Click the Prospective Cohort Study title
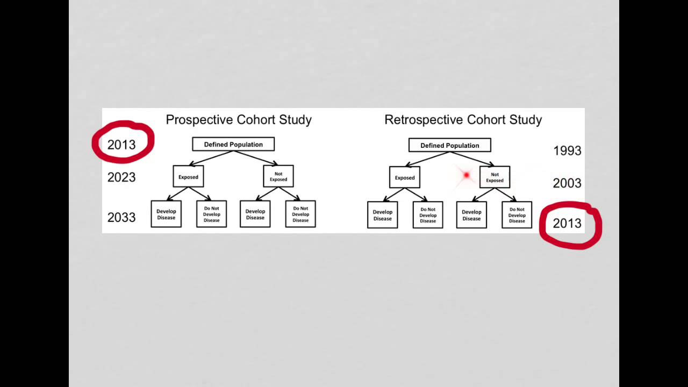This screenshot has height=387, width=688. click(x=239, y=120)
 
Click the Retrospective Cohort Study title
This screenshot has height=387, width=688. click(x=463, y=120)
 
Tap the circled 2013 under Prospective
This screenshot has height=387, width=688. click(x=121, y=145)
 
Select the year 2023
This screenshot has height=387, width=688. click(x=121, y=177)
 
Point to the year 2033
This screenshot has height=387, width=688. click(x=121, y=217)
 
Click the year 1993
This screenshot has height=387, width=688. click(x=567, y=151)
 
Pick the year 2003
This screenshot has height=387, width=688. click(x=567, y=183)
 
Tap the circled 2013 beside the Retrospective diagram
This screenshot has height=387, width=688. click(x=567, y=224)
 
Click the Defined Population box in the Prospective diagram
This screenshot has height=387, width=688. click(x=233, y=144)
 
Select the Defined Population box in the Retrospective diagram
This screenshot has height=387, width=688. click(x=449, y=145)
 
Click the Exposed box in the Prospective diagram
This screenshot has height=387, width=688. click(x=188, y=177)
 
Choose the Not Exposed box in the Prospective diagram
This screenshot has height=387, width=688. click(x=278, y=176)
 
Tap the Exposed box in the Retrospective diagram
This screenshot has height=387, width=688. click(x=405, y=177)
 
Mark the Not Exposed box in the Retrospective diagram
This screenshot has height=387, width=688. click(x=494, y=177)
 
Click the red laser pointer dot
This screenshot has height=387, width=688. click(x=466, y=175)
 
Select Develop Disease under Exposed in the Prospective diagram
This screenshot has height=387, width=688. click(x=166, y=214)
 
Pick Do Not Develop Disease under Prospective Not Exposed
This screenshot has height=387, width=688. click(x=300, y=214)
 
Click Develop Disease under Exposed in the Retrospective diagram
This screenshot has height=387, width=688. click(x=383, y=215)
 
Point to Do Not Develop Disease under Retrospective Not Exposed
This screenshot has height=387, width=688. click(x=517, y=215)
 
